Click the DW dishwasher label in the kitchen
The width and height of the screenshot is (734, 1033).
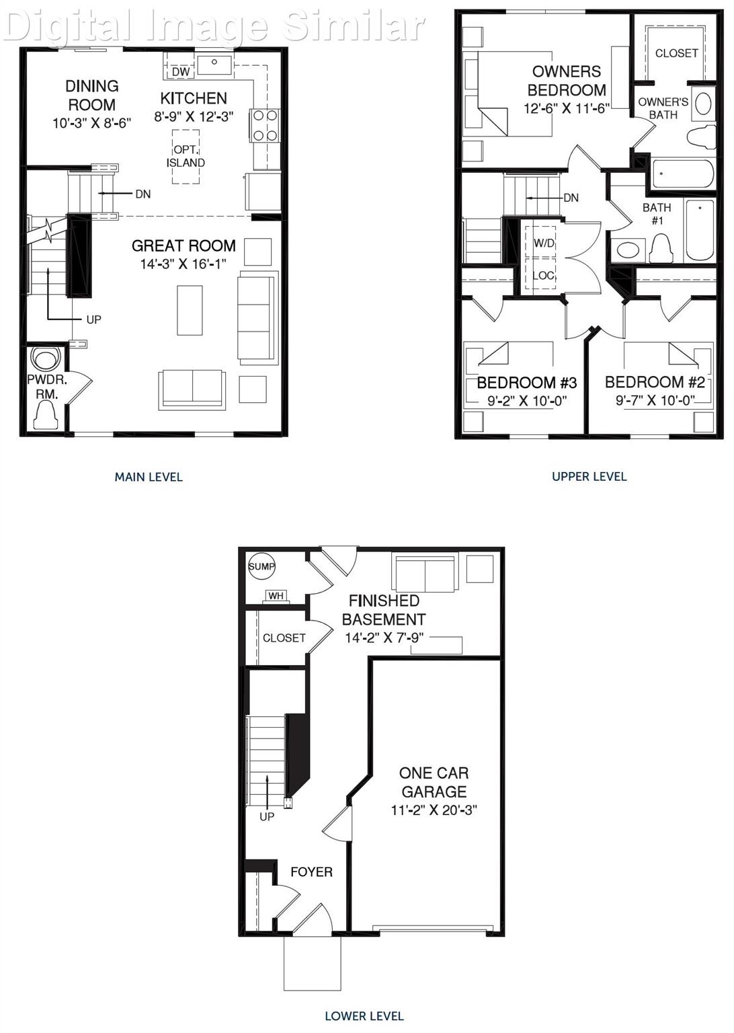click(x=181, y=71)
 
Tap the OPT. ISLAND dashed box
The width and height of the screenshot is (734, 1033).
click(x=186, y=156)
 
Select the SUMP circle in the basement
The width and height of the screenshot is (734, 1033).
click(x=261, y=566)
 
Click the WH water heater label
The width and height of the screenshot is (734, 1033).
click(x=276, y=595)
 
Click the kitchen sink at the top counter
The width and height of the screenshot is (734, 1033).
click(x=214, y=65)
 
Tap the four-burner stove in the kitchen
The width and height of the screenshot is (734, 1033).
click(x=264, y=126)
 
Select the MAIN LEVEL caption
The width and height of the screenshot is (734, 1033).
click(x=149, y=477)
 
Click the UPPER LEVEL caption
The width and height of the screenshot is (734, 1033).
click(x=589, y=476)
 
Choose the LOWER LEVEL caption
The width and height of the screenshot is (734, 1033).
click(x=364, y=1016)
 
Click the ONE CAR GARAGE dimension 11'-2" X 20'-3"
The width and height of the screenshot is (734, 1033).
click(x=434, y=810)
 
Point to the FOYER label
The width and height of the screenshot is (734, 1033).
click(x=311, y=872)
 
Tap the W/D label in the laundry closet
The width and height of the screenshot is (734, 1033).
click(x=544, y=243)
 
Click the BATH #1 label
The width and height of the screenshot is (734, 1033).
click(x=657, y=214)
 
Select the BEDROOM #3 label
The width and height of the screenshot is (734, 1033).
click(x=526, y=383)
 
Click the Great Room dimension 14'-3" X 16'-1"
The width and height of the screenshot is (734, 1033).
click(x=183, y=264)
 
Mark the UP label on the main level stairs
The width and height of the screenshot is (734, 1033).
click(x=93, y=319)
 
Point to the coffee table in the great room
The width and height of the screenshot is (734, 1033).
click(x=190, y=310)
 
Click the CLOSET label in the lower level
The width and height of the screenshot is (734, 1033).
click(x=284, y=638)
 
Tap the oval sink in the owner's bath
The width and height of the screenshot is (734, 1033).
click(x=703, y=104)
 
